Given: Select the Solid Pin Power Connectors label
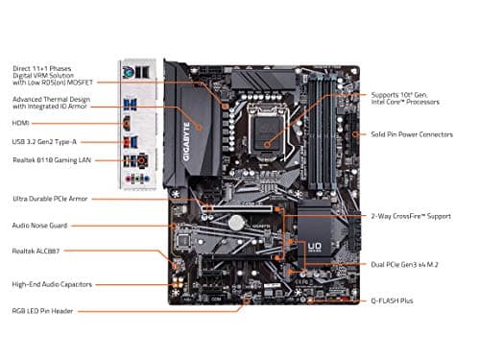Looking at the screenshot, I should (x=411, y=134).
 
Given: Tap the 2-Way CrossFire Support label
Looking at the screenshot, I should (x=410, y=217).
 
